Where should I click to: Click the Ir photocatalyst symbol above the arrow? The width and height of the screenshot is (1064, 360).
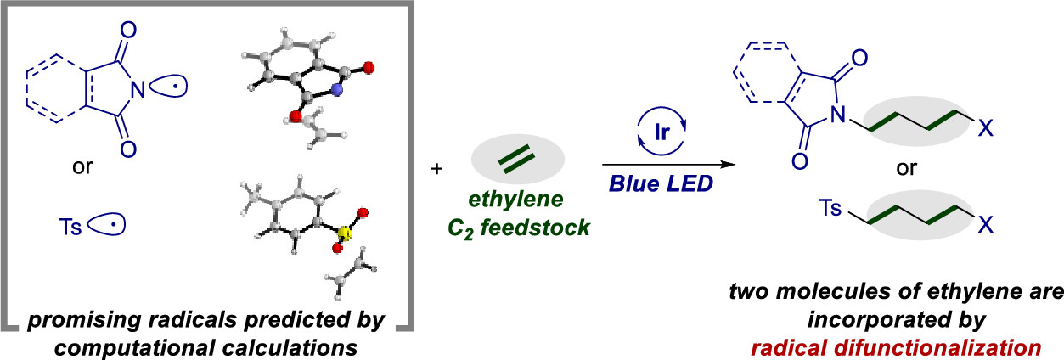(655, 136)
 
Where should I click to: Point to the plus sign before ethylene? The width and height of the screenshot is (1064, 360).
(437, 170)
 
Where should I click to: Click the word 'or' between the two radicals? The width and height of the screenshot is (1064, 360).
(83, 166)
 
